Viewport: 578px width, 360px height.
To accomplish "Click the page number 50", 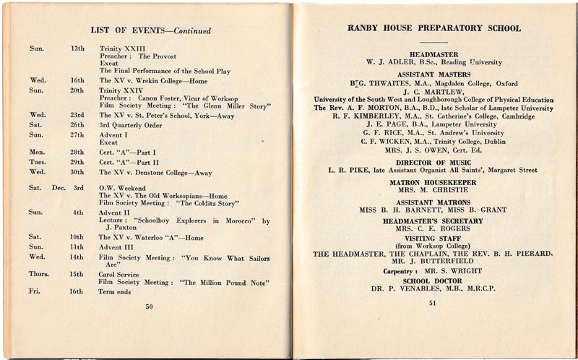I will [x=149, y=307].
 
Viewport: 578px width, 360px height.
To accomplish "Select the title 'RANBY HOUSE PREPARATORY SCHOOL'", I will [x=434, y=29].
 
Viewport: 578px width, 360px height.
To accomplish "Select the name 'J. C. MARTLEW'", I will [x=433, y=91].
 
